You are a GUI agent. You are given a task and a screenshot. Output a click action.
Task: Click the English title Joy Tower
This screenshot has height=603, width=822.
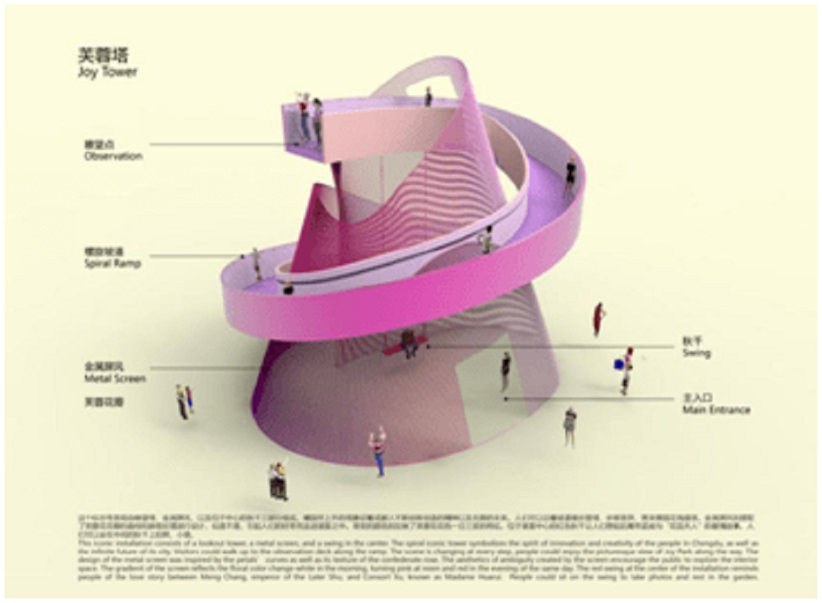click(107, 73)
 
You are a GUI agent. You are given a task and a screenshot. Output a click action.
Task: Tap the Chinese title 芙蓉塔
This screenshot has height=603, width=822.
click(104, 56)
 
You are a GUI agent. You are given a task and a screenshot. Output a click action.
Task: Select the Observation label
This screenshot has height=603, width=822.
click(113, 156)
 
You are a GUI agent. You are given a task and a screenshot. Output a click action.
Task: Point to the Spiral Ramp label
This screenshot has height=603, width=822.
click(113, 263)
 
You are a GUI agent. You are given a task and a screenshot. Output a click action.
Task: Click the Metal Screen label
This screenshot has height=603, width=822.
click(115, 378)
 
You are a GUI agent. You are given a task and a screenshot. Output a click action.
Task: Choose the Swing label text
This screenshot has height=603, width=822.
click(696, 353)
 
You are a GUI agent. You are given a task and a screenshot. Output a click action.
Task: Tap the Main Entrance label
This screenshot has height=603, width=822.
click(715, 410)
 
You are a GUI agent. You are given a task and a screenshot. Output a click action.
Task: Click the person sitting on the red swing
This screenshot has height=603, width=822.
click(409, 342)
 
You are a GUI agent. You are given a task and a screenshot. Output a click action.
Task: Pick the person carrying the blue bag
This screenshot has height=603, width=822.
click(626, 369)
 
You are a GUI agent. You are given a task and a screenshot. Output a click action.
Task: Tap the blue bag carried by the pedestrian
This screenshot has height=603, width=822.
click(618, 365)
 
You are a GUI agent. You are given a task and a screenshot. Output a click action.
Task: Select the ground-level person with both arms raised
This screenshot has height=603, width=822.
click(378, 449)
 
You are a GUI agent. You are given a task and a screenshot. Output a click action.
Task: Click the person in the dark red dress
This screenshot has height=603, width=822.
click(599, 319)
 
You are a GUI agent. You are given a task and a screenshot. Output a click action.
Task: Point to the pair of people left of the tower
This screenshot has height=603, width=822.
click(183, 400)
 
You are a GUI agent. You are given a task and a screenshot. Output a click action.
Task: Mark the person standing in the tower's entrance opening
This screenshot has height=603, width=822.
click(505, 371)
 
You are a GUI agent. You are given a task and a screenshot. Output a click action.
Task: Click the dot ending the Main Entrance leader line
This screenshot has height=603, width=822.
click(505, 397)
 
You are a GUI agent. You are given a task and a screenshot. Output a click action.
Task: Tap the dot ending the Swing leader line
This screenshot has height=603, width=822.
click(429, 346)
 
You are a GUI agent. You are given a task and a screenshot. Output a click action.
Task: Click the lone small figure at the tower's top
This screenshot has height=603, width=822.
click(429, 97)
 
